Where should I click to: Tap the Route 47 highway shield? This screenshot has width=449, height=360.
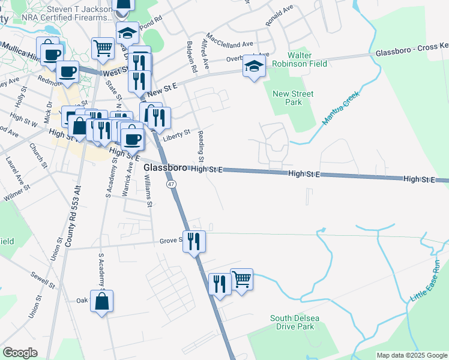(x=171, y=184)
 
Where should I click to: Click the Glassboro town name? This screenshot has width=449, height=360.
(x=166, y=169)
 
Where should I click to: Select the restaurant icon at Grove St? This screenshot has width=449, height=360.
(x=194, y=241)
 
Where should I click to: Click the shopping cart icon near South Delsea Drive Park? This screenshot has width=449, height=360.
(x=241, y=278)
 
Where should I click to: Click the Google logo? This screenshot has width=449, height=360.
(x=20, y=353)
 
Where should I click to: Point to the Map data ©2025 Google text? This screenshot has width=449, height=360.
(x=411, y=355)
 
